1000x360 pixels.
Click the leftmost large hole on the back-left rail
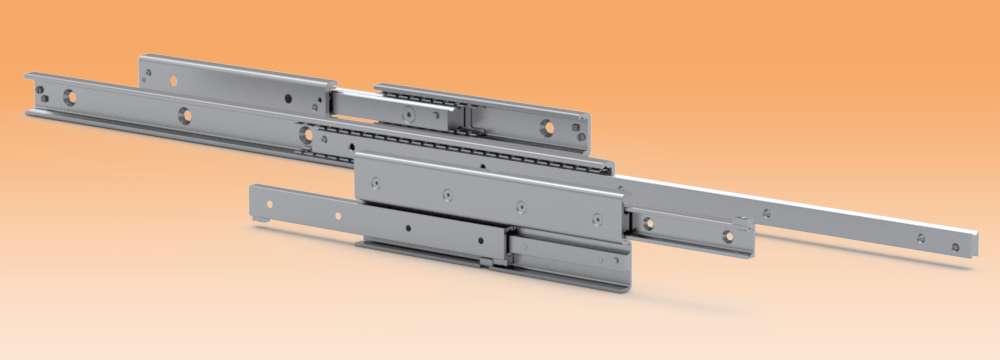point(70,97)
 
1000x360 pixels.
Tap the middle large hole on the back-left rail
point(186,116)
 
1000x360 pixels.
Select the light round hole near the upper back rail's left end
point(174,81)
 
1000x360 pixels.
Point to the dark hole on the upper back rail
point(289,99)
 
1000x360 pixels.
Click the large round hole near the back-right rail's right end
point(546,127)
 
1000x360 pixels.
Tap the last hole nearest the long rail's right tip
point(922,237)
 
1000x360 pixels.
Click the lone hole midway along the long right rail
point(767,212)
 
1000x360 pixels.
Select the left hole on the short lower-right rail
point(648,222)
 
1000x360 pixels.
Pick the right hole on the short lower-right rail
point(728,237)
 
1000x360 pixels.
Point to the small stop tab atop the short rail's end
point(741,222)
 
